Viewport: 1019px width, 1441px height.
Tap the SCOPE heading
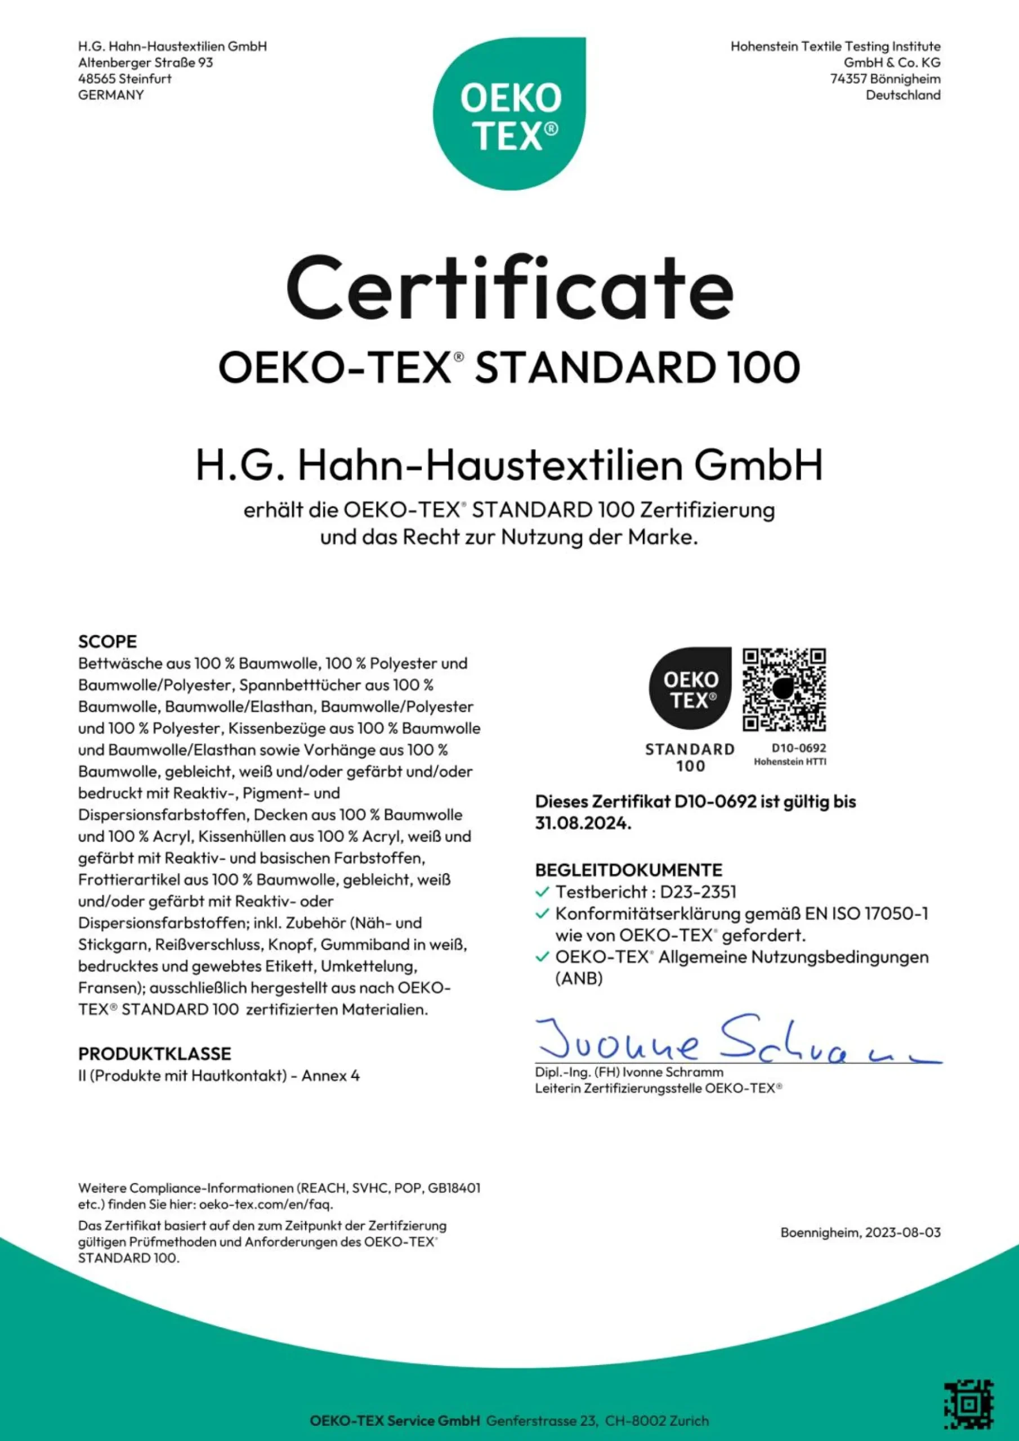tap(108, 642)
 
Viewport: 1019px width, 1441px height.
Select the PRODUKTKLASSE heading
tap(154, 1054)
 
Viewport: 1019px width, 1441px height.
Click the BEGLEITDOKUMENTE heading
tap(628, 870)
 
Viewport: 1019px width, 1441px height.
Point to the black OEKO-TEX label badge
tap(690, 688)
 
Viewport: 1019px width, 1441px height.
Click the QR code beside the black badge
tap(784, 690)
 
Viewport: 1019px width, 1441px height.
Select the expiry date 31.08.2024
tap(583, 824)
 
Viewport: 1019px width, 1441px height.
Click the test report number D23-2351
tap(698, 892)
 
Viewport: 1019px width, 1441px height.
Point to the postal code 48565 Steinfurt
tap(125, 79)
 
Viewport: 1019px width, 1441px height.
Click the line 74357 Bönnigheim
tap(885, 79)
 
